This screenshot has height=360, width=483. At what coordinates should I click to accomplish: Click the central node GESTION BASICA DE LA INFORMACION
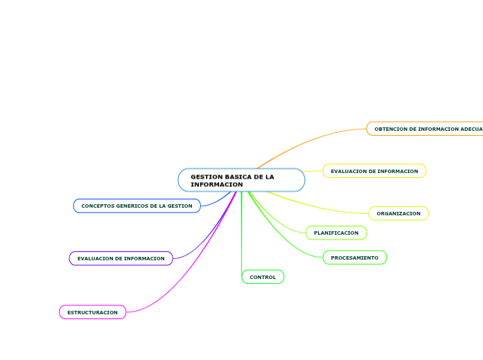coord(241,180)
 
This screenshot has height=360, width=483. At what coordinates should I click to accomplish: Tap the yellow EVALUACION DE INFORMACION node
coord(374,171)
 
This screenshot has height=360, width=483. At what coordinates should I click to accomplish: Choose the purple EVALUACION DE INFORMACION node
coord(121,258)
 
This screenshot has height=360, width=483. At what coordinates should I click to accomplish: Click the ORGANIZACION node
coord(398,213)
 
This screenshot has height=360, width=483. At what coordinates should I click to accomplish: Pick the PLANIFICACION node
coord(336,233)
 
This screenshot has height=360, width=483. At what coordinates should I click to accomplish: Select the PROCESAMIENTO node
coord(354,258)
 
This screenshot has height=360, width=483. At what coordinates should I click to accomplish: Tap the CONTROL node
coord(263,277)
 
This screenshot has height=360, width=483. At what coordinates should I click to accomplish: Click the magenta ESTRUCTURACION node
coord(92,312)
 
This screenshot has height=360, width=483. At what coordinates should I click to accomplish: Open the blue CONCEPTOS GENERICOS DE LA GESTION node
coord(137,206)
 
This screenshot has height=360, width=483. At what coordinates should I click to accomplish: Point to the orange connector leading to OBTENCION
coord(312,141)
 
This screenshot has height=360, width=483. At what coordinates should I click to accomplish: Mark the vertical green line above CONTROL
coord(241,228)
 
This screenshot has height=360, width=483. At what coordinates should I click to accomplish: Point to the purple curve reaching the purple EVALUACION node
coord(208,235)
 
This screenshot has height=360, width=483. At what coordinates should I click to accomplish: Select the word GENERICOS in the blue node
coord(135,206)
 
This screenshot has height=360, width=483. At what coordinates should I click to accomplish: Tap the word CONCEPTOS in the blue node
coord(98,206)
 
